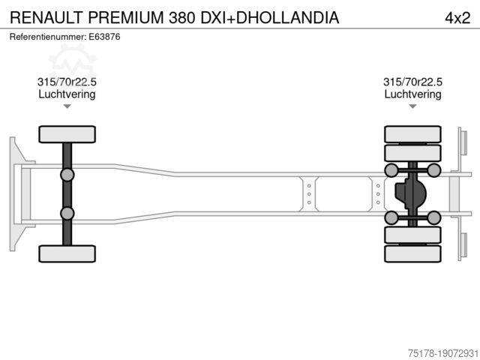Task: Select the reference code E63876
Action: (x=106, y=36)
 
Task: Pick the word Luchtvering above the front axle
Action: (x=67, y=94)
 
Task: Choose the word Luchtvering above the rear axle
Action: (x=412, y=94)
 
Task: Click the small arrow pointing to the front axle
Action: (x=67, y=106)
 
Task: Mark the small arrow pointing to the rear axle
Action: (x=412, y=106)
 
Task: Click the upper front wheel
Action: (x=67, y=134)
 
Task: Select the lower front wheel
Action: (x=67, y=253)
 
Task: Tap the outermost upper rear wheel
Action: (x=412, y=134)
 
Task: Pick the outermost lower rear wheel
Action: (x=412, y=254)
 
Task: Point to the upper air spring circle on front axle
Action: (x=67, y=175)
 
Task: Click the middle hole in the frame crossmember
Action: (x=308, y=193)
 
